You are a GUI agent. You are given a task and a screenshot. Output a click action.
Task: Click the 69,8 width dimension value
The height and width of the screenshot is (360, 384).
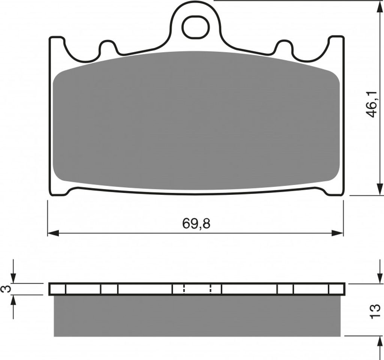coord(196,223)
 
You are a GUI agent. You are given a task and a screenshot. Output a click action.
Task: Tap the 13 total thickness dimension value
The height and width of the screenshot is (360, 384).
coord(375,311)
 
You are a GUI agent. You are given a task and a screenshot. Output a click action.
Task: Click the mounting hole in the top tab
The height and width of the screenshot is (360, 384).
coord(196,27)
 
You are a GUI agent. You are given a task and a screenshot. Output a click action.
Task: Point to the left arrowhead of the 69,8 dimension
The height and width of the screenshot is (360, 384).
coord(53,233)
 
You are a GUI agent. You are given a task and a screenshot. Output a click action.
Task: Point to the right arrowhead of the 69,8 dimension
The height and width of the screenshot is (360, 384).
coord(337,233)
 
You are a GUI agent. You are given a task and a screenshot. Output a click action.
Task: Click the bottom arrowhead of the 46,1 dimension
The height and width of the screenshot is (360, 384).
coord(379,190)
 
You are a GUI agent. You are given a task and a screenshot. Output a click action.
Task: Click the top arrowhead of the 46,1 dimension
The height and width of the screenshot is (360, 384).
coord(379,6)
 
